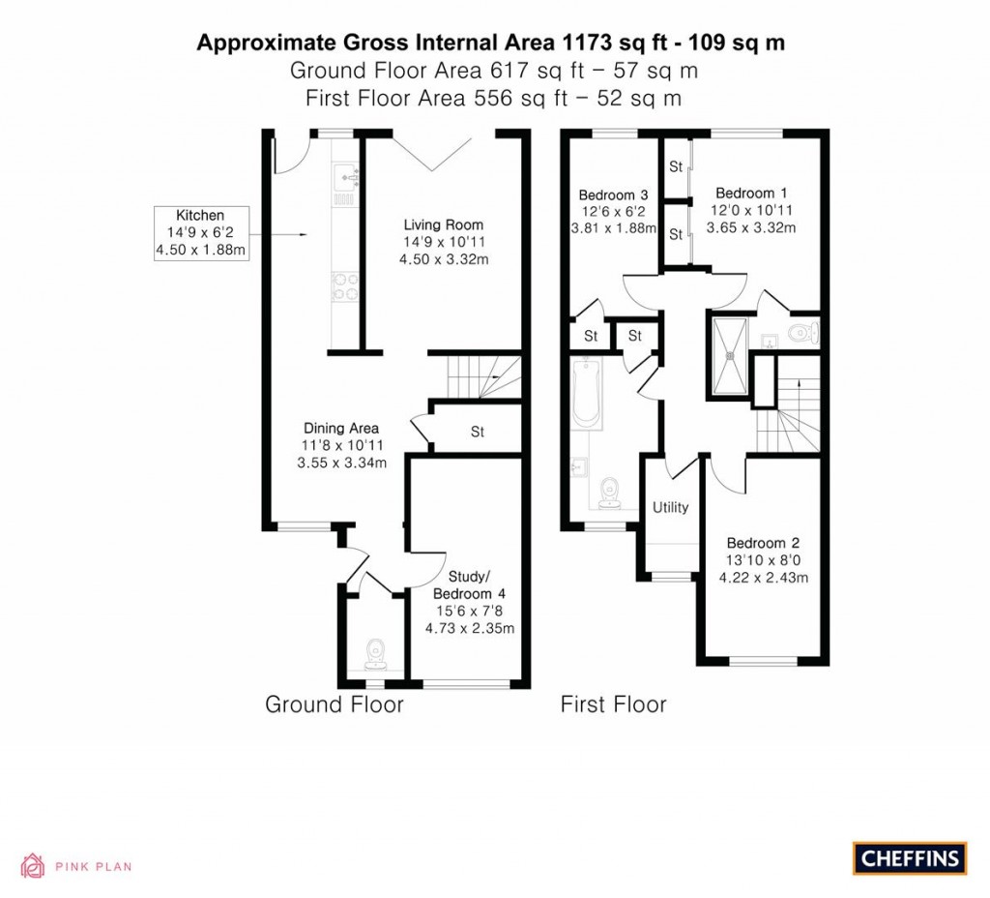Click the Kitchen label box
(x=200, y=233)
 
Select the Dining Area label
(x=341, y=444)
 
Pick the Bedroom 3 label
(x=612, y=210)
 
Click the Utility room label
(x=670, y=507)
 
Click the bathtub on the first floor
(x=587, y=393)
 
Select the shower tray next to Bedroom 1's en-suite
(x=730, y=355)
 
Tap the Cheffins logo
(x=909, y=857)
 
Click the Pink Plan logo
(x=76, y=866)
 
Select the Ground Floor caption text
(x=334, y=704)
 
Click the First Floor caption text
(x=613, y=704)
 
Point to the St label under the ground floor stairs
(x=477, y=432)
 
